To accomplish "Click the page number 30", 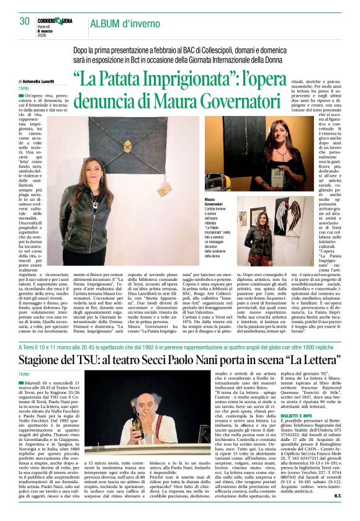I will tap(24, 21).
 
